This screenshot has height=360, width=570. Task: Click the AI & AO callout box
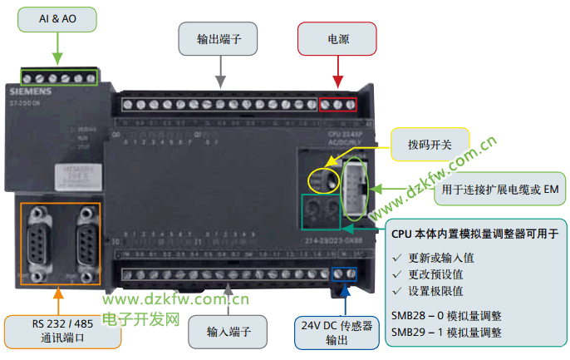point(57,17)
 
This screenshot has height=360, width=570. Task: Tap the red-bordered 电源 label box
point(337,38)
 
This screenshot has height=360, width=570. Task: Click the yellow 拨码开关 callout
point(430,144)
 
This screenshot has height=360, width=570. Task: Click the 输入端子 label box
point(229,331)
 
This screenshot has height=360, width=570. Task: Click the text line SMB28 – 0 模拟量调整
point(446,316)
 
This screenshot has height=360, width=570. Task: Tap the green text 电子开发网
point(142,318)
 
